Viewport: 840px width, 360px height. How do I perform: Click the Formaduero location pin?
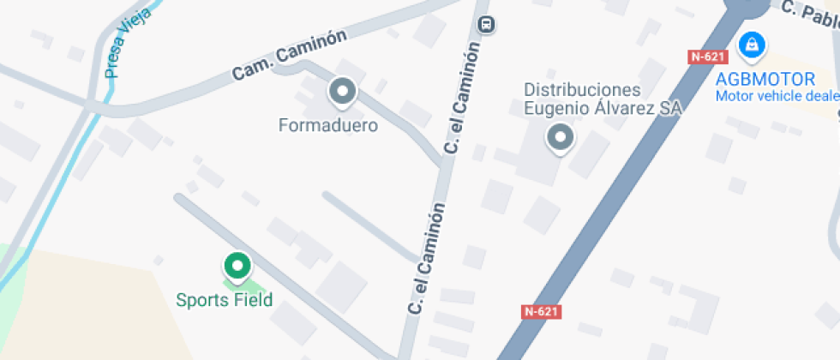click(343, 91)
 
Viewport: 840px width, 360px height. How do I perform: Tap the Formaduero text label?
click(328, 125)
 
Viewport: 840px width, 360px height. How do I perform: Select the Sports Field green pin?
click(236, 266)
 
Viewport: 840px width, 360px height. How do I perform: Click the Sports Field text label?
click(224, 300)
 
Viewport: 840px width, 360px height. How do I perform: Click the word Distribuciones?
click(582, 90)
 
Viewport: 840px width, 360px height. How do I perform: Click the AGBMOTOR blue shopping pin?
click(752, 45)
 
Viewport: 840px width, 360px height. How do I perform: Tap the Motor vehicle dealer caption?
click(777, 95)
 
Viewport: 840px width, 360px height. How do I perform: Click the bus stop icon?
click(487, 24)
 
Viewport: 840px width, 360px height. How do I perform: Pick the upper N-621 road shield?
click(708, 57)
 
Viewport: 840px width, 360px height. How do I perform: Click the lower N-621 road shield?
click(541, 311)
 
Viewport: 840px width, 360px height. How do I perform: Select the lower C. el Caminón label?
click(426, 257)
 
